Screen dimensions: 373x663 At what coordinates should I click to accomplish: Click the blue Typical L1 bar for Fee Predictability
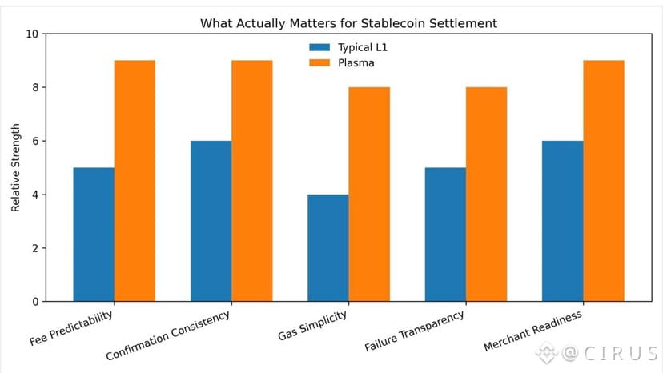click(94, 234)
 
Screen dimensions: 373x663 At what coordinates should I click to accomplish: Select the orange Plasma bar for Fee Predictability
click(135, 181)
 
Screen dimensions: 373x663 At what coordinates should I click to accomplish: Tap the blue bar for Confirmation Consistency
click(211, 221)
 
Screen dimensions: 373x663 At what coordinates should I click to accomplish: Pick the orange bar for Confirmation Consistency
click(252, 181)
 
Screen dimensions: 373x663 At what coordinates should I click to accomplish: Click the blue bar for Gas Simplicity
click(328, 247)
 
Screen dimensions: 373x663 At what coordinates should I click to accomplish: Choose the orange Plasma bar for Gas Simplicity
click(369, 194)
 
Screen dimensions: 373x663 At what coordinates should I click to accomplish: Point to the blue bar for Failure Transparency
click(445, 234)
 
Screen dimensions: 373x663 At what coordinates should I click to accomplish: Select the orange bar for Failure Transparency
click(486, 194)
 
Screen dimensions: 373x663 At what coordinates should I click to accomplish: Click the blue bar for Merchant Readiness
click(562, 221)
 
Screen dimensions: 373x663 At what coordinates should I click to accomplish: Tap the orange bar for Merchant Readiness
click(604, 181)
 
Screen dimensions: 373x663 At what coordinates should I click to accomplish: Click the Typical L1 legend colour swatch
click(319, 47)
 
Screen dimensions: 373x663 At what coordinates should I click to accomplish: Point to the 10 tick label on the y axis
click(32, 34)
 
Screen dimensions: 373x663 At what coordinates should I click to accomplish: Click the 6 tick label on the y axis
click(34, 141)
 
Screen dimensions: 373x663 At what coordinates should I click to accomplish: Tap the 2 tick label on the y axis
click(34, 248)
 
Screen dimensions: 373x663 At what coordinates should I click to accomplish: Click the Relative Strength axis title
click(15, 168)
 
